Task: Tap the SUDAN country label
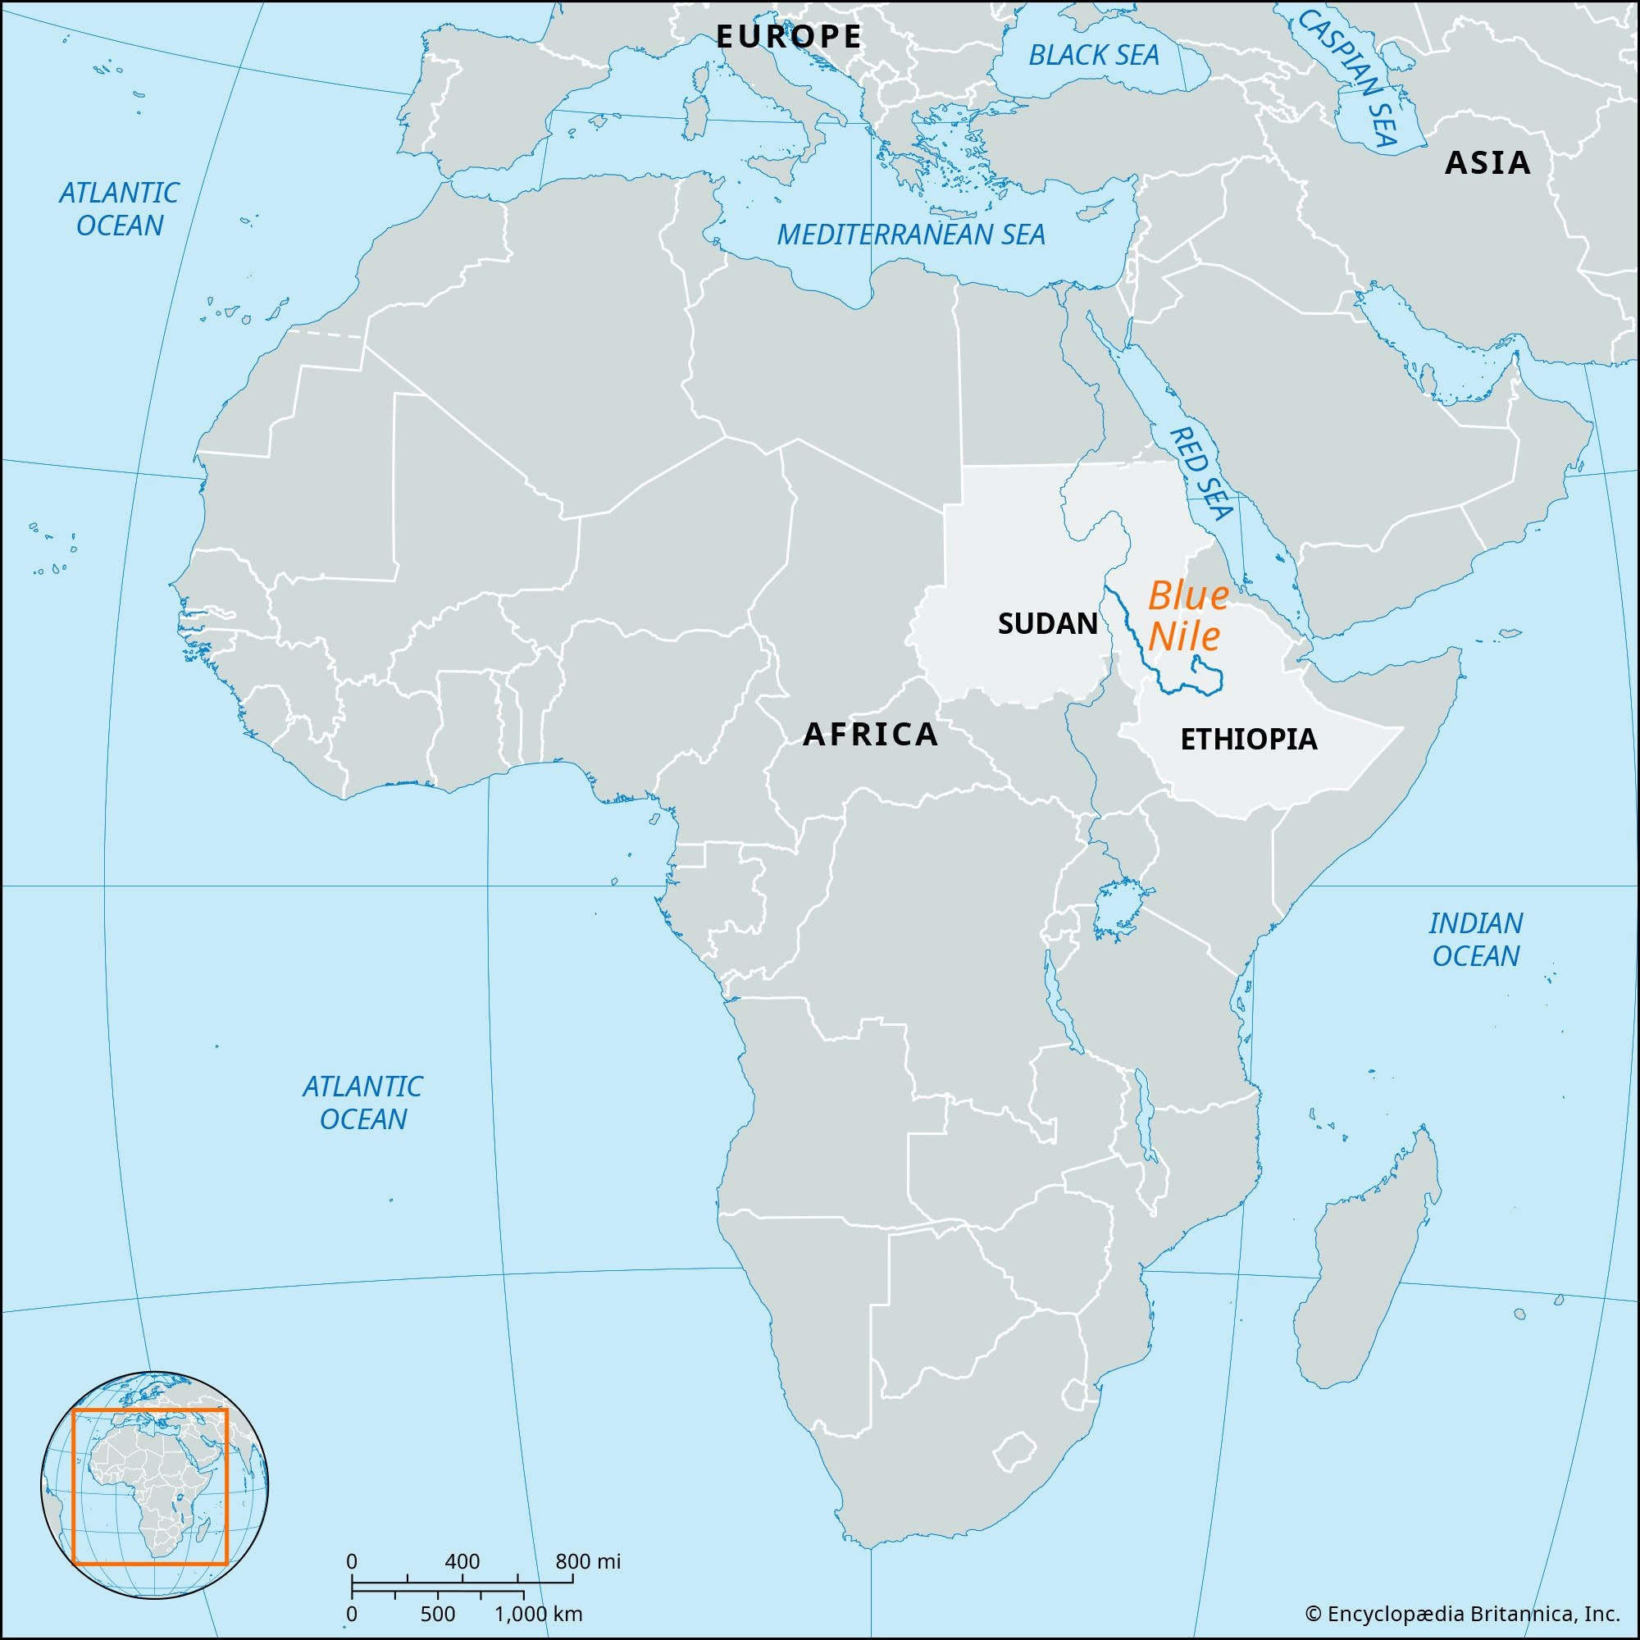pos(1047,624)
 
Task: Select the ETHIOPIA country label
pos(1249,740)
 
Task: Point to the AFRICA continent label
pos(870,734)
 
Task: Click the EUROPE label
pos(789,37)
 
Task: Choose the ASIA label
pos(1487,162)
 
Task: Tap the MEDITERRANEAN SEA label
pos(911,235)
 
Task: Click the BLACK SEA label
pos(1093,56)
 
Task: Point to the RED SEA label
pos(1200,472)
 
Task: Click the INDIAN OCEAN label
pos(1476,939)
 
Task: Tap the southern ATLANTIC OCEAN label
pos(363,1103)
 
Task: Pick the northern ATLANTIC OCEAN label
pos(119,209)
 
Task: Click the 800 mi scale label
pos(588,1561)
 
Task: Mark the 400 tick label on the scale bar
pos(462,1561)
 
